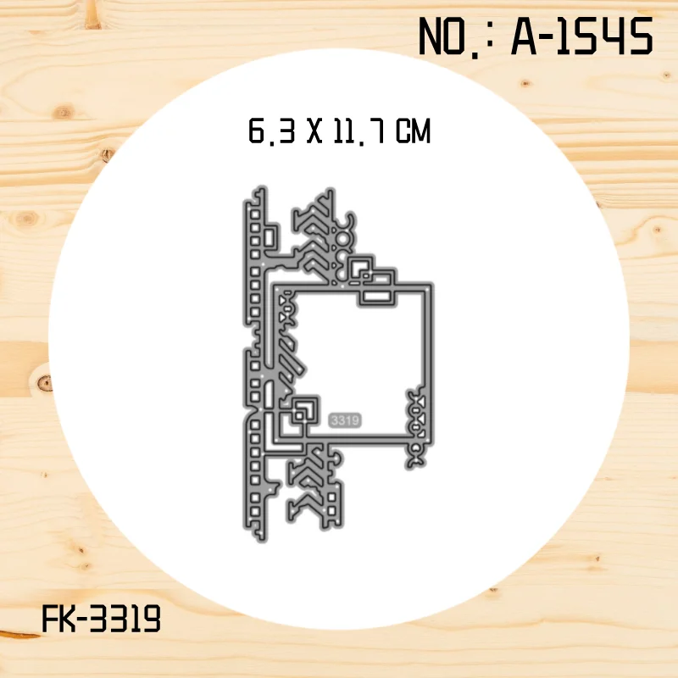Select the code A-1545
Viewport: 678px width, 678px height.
coord(581,36)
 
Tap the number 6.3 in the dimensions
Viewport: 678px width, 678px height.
coord(271,131)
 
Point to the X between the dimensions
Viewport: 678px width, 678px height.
coord(314,131)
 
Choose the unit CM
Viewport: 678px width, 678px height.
coord(413,131)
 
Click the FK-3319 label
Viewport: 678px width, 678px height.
coord(101,619)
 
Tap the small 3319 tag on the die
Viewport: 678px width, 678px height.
coord(345,420)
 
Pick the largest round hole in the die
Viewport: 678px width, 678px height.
coord(342,239)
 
